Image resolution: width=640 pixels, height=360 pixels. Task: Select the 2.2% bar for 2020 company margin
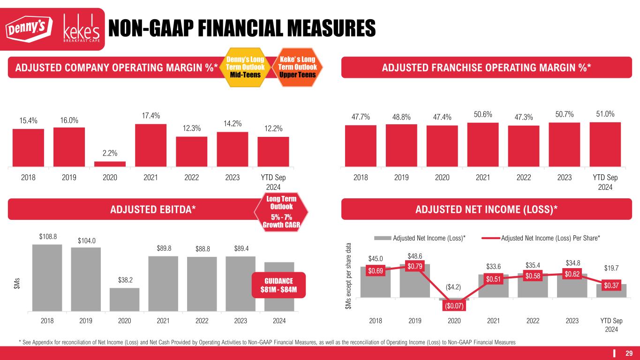110,164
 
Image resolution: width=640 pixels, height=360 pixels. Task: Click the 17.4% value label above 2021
151,115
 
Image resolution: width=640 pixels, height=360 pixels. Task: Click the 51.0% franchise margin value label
605,114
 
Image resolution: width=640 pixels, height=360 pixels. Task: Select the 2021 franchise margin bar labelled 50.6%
483,144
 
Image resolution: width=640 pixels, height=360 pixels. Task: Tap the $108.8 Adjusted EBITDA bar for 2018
47,277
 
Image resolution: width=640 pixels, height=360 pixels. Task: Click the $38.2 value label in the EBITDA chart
124,280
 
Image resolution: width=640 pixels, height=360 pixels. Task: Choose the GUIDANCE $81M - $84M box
279,285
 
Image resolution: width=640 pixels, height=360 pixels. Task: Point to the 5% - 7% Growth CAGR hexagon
281,213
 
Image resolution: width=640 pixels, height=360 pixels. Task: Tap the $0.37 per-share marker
611,285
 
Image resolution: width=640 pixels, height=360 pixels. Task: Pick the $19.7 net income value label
611,268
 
